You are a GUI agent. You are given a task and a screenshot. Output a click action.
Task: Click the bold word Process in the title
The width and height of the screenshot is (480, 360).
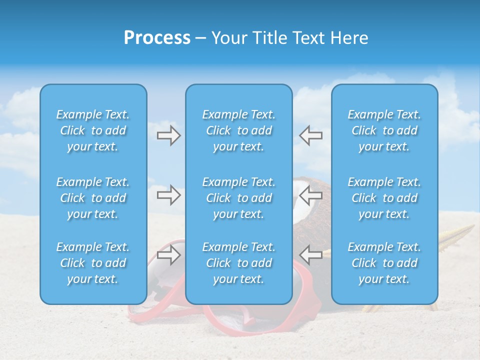click(157, 38)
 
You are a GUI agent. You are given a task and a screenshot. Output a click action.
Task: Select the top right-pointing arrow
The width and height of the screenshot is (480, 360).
click(168, 135)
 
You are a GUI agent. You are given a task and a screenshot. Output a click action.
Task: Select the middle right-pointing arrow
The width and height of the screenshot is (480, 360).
click(168, 195)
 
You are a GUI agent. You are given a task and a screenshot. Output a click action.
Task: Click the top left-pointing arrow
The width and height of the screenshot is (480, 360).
click(310, 135)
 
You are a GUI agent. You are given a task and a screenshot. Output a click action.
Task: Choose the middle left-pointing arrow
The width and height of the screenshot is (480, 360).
click(310, 195)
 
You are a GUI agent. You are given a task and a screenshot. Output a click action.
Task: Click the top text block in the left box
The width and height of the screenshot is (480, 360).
click(93, 130)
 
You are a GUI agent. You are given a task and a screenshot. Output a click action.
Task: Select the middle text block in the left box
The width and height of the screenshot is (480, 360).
click(93, 198)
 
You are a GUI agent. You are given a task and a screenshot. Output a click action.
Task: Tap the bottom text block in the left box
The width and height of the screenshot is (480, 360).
click(93, 263)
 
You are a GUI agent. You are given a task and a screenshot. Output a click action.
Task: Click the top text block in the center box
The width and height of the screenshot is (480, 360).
click(238, 130)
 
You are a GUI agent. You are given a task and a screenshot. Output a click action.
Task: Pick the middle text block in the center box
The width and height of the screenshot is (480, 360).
click(238, 198)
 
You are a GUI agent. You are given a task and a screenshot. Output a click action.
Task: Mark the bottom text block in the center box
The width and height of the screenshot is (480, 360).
click(238, 263)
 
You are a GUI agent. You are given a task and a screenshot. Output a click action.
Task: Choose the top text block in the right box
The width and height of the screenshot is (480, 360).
click(384, 130)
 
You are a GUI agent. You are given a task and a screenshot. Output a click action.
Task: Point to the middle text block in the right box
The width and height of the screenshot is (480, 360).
click(384, 198)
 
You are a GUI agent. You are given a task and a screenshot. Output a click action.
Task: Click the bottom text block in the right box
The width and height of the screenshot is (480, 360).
click(384, 263)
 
